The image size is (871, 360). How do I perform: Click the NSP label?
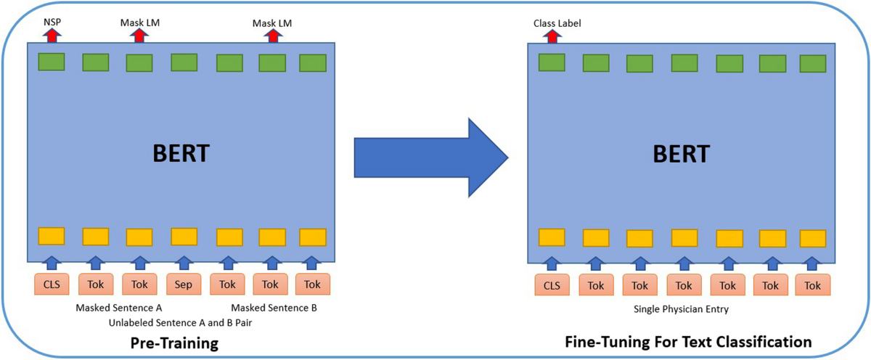click(x=51, y=22)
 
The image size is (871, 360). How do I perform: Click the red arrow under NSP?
click(x=51, y=36)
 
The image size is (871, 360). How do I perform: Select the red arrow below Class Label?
click(x=551, y=36)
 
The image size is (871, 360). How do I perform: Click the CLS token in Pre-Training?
click(x=52, y=285)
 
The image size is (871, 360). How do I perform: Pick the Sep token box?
click(x=184, y=285)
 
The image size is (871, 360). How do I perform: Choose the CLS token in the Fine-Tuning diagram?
click(x=551, y=285)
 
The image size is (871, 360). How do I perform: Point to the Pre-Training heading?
click(x=174, y=342)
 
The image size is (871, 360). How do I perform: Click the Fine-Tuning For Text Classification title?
click(x=687, y=341)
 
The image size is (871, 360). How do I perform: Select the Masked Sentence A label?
click(x=118, y=308)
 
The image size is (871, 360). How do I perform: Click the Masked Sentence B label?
click(x=274, y=308)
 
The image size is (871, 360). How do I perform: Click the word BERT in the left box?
click(x=182, y=155)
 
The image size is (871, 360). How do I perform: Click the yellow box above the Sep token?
click(x=184, y=237)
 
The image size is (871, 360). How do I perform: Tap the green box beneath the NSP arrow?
click(x=52, y=62)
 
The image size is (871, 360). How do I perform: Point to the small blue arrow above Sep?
click(x=184, y=261)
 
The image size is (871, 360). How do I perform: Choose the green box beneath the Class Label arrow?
click(x=552, y=62)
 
